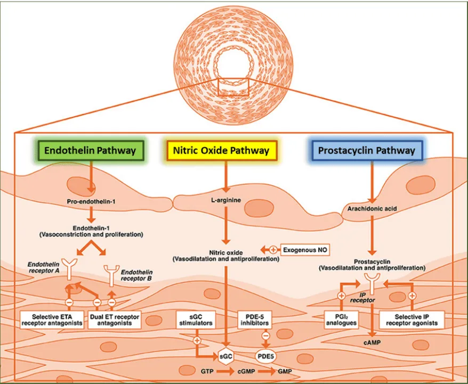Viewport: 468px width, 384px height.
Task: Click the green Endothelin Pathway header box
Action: [90, 150]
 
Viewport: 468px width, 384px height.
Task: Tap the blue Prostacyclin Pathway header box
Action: [366, 150]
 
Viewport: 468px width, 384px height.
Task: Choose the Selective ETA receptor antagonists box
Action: [52, 319]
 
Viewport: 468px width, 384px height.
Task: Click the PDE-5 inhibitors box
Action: [254, 319]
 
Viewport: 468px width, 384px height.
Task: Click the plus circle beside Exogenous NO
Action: [273, 249]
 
